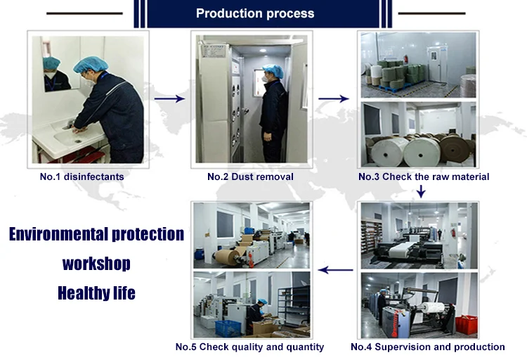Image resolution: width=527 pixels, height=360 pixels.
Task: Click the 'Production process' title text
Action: [x=255, y=13]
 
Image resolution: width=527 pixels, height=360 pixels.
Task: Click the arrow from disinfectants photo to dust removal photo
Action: [x=169, y=98]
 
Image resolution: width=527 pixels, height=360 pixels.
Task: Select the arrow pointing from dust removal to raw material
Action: [x=333, y=98]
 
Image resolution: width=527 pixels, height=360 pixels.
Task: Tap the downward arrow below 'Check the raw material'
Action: [x=421, y=191]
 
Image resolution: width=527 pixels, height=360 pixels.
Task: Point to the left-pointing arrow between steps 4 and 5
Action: [x=335, y=270]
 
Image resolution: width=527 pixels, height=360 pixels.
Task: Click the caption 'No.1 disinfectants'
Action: [x=82, y=176]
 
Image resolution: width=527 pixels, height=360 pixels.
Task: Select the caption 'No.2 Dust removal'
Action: [x=250, y=176]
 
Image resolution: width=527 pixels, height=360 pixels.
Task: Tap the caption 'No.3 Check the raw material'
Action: [x=424, y=176]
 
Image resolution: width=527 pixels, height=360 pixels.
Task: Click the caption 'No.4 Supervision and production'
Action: [x=427, y=347]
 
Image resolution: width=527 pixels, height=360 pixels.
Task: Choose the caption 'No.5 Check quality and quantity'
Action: [x=249, y=347]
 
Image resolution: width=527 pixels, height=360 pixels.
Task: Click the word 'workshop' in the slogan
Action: [x=96, y=264]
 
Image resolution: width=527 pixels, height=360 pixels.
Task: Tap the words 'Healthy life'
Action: [x=96, y=293]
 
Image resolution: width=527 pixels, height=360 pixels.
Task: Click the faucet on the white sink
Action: [x=70, y=123]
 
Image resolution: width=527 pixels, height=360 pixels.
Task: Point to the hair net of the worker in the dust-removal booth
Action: [x=273, y=70]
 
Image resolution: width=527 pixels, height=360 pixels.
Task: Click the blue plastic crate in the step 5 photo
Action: [x=228, y=328]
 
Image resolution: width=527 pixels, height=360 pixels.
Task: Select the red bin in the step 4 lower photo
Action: [x=466, y=324]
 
